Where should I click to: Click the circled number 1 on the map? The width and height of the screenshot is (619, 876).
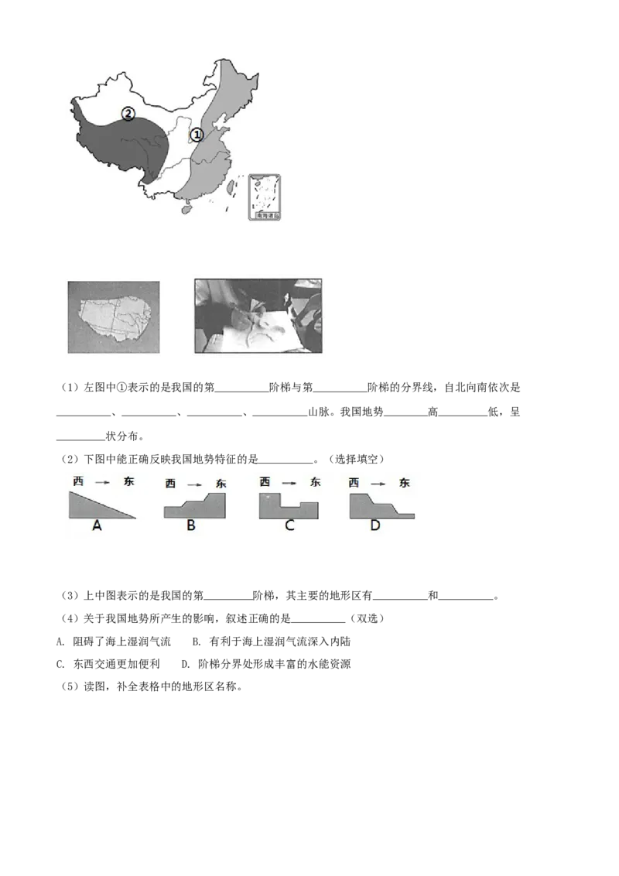[x=197, y=135]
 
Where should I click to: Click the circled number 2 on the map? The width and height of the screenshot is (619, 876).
[x=128, y=114]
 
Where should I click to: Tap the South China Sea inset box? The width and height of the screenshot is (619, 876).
[x=265, y=197]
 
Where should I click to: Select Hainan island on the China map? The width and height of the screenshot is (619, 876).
[x=186, y=207]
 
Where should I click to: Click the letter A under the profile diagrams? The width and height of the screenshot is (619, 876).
[x=97, y=525]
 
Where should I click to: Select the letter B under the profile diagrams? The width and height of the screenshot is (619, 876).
[x=191, y=525]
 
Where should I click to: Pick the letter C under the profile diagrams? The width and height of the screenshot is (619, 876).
[x=289, y=525]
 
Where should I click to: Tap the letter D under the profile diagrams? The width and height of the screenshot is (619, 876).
[x=375, y=525]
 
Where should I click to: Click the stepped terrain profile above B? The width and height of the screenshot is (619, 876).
[x=197, y=508]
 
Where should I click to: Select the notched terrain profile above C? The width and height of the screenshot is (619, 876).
[x=287, y=506]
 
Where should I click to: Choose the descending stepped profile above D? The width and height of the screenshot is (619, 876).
[x=375, y=507]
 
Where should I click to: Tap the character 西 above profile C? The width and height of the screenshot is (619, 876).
[x=265, y=481]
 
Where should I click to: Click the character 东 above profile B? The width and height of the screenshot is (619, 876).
[x=221, y=484]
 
